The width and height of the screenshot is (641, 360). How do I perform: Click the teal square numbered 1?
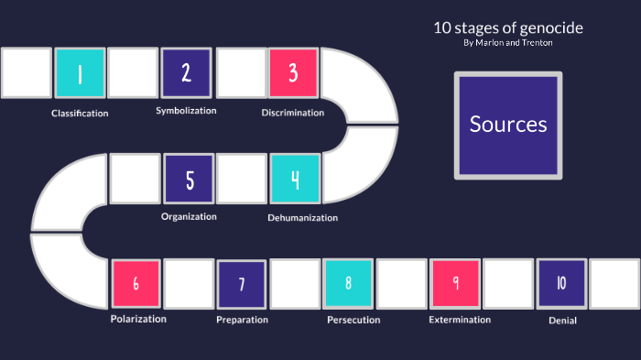coord(80,73)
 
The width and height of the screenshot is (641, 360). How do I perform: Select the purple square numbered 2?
coord(187,73)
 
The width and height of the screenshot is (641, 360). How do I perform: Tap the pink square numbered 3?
coord(293,73)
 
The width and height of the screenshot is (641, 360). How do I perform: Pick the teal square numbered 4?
coord(295,179)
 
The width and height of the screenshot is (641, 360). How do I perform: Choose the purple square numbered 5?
coord(189,179)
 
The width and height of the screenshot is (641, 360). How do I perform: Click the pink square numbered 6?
coord(136,283)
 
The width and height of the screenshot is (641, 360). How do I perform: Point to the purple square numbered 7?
coord(242,284)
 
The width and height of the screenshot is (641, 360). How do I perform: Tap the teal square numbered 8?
coord(348,283)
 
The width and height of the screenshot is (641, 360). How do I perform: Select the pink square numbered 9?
coord(455,283)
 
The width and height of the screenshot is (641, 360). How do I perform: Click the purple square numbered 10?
coord(561,283)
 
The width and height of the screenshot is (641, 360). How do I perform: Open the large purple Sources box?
coord(508,125)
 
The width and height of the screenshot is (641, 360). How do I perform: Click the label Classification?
coord(80,114)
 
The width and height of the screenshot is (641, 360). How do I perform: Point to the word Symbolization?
coord(186,111)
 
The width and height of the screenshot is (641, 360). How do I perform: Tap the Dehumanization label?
coord(302,218)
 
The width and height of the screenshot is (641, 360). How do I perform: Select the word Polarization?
coord(138,319)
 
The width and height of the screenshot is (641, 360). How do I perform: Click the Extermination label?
coord(460,320)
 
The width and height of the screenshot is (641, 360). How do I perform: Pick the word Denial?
coord(562,321)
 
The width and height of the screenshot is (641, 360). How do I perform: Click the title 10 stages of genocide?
coord(508,27)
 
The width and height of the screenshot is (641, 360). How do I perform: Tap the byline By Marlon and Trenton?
coord(508,43)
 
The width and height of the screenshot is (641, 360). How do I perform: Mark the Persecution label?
coord(353,321)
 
